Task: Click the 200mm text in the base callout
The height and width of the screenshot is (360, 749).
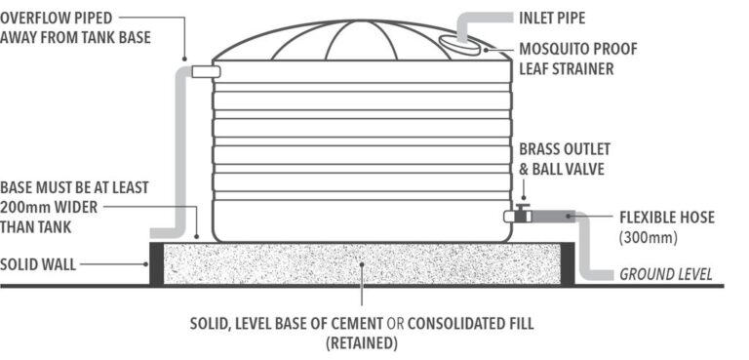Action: (x=25, y=208)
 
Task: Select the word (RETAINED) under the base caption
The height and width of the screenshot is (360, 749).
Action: (x=362, y=342)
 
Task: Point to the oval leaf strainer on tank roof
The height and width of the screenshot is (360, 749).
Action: (x=461, y=43)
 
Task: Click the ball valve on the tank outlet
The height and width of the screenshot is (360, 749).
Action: (x=522, y=214)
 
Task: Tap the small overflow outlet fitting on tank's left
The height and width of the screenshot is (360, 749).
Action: (x=205, y=70)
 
